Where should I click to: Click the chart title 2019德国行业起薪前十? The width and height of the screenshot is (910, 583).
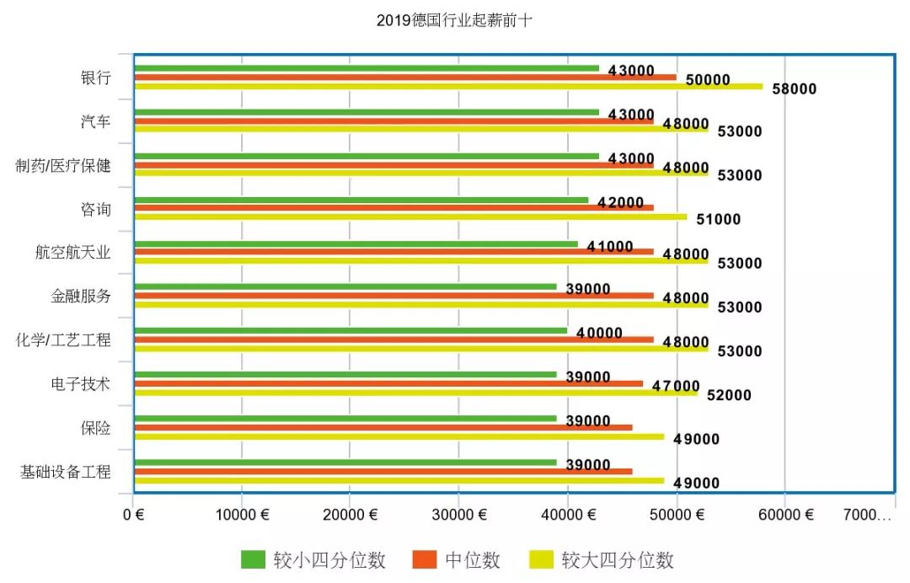[x=454, y=20]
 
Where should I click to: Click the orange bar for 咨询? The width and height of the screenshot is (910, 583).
[x=394, y=208]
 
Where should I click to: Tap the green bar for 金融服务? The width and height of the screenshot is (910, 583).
[x=345, y=286]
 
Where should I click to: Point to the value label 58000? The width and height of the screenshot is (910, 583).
[x=794, y=88]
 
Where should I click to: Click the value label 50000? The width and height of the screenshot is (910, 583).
[x=708, y=80]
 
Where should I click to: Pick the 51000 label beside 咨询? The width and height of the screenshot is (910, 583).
[x=718, y=220]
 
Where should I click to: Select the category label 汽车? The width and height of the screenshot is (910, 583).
[x=95, y=122]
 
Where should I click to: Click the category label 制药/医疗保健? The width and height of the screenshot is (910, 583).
[x=63, y=166]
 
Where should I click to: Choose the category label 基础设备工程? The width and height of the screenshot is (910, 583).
[x=65, y=472]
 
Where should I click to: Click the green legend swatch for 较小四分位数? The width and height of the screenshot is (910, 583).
[x=253, y=559]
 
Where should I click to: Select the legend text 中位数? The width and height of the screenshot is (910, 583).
[x=473, y=560]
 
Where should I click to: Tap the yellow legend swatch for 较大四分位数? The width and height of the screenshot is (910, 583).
[x=541, y=559]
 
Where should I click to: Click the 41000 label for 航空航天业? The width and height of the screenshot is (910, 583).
[x=610, y=246]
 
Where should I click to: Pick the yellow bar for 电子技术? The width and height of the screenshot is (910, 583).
[x=416, y=393]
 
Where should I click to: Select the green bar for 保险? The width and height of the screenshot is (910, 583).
[x=345, y=418]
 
